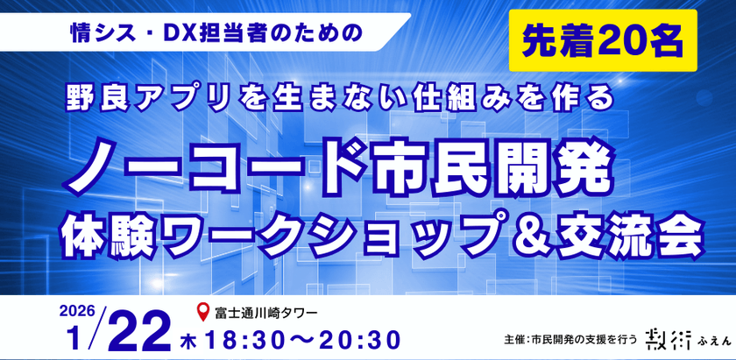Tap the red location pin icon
204,310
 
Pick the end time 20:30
353,336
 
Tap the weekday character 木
188,337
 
